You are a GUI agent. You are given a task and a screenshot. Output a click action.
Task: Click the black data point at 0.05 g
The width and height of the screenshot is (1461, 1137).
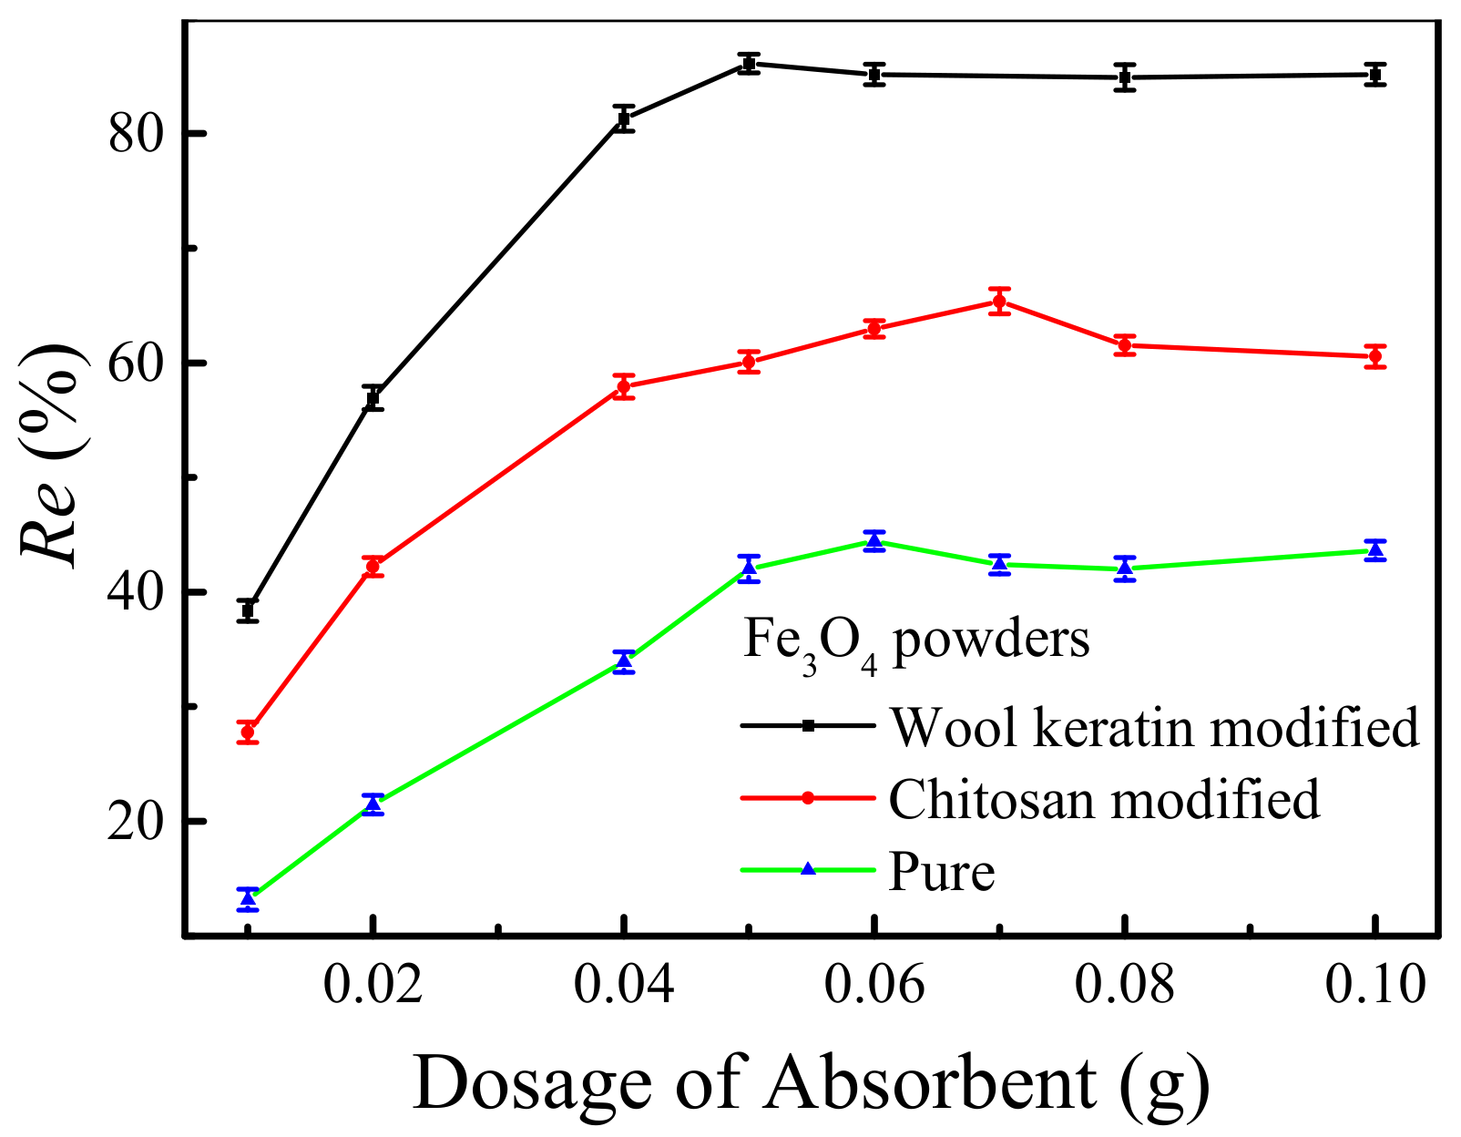tap(749, 64)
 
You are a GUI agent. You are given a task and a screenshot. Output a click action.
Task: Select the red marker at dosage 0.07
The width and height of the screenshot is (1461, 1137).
tap(999, 301)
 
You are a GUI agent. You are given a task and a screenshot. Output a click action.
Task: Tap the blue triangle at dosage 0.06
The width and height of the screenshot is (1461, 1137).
tap(874, 541)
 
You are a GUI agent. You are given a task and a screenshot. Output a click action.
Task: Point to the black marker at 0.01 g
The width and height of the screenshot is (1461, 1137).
tap(248, 609)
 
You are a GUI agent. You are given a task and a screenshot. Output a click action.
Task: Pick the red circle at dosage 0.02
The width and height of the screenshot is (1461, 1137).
tap(373, 566)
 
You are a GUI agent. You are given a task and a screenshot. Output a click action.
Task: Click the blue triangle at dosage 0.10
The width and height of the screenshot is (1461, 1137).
tap(1375, 549)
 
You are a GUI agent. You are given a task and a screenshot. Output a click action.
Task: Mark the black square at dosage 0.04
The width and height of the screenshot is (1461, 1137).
tap(624, 118)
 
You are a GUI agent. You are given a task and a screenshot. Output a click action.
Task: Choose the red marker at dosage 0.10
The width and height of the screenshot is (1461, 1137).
tap(1375, 356)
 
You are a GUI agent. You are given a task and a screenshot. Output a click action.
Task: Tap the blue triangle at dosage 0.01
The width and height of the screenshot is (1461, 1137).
tap(248, 898)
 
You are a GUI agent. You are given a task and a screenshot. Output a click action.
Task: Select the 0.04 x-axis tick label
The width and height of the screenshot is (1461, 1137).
tap(624, 986)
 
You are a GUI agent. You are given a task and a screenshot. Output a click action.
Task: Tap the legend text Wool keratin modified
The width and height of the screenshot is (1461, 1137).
tap(1153, 727)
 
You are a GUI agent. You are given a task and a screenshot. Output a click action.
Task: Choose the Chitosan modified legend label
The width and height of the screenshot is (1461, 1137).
tap(1104, 799)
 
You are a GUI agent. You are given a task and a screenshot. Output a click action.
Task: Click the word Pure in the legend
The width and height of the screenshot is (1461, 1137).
tap(942, 872)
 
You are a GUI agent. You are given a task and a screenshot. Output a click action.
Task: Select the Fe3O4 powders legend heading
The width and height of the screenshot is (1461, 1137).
tap(915, 642)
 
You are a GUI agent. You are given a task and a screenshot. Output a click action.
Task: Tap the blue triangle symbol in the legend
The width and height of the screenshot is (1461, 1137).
tap(808, 869)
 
